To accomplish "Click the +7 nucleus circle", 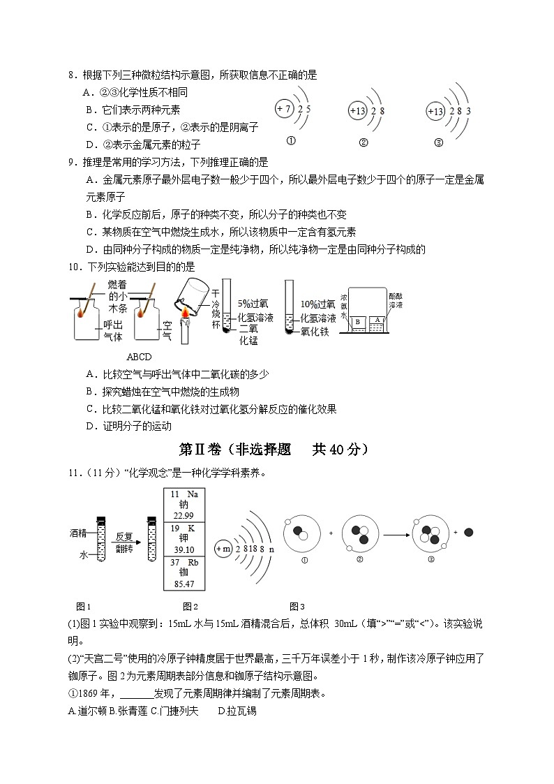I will (283, 110).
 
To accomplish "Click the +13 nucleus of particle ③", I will (435, 112).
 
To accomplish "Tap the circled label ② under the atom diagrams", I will (363, 142).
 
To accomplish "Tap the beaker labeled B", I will (358, 321).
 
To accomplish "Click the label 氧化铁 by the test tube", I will (310, 332).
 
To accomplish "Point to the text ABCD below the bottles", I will (139, 357).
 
